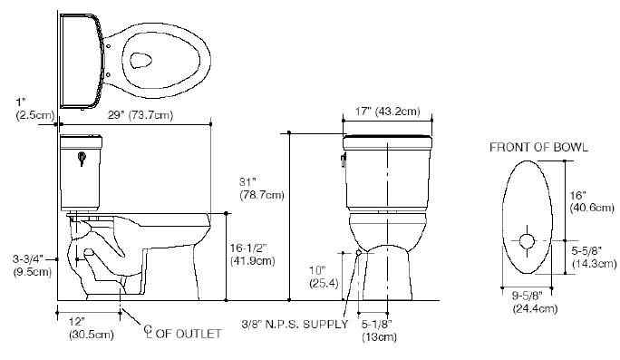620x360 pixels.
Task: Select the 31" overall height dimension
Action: pyautogui.click(x=262, y=187)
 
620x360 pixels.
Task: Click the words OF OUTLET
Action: pyautogui.click(x=188, y=334)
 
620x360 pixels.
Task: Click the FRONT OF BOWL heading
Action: pyautogui.click(x=538, y=146)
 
